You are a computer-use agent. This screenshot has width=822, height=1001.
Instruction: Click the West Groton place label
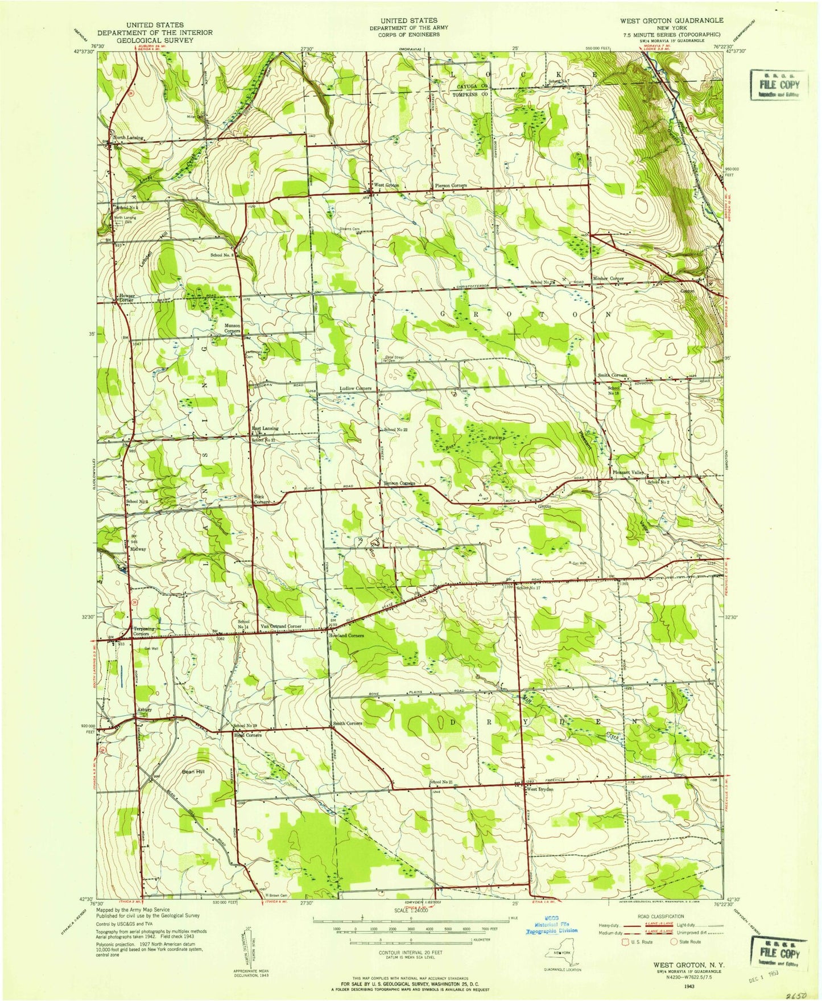(386, 186)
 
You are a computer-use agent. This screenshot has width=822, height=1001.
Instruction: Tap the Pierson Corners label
(451, 186)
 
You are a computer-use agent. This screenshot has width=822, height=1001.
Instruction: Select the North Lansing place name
(128, 138)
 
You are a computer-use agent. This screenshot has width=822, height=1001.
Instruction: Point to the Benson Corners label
(399, 483)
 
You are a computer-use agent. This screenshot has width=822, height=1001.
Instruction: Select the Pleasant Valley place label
(627, 473)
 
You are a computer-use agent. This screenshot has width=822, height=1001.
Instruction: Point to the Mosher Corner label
(608, 278)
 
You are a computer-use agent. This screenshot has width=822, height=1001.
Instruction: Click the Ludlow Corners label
(356, 388)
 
